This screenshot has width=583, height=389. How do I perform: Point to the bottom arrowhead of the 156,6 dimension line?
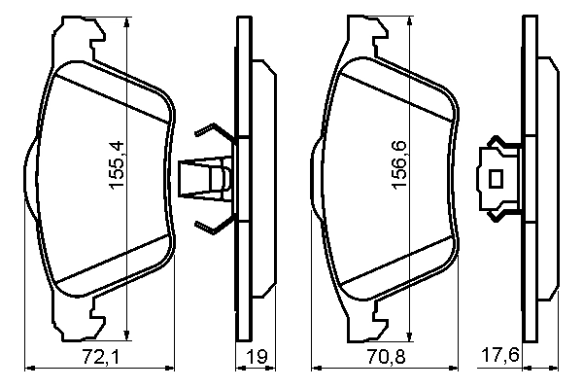pyautogui.click(x=407, y=331)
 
